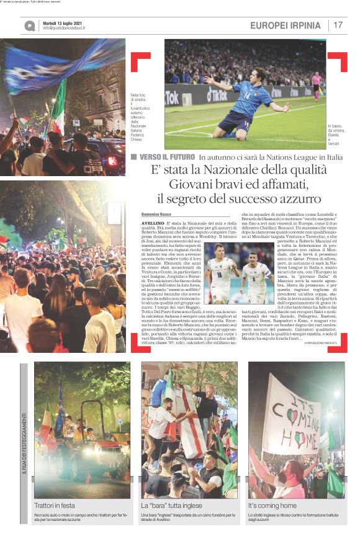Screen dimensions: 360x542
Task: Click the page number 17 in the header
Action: click(x=338, y=25)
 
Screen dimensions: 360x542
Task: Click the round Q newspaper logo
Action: click(x=30, y=26)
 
